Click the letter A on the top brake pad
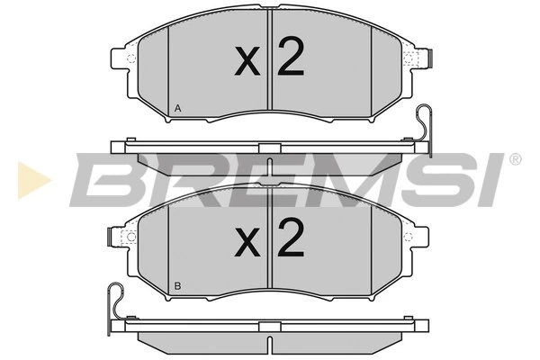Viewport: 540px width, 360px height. coord(177,109)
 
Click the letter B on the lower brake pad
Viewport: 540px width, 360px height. coord(177,285)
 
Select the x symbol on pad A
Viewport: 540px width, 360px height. coord(247,63)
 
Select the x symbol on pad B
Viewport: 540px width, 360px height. coord(247,241)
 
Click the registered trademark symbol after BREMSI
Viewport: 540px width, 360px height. coord(515,159)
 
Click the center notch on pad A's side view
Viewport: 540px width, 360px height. coord(269,148)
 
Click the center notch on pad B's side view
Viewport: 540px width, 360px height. coord(269,326)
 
